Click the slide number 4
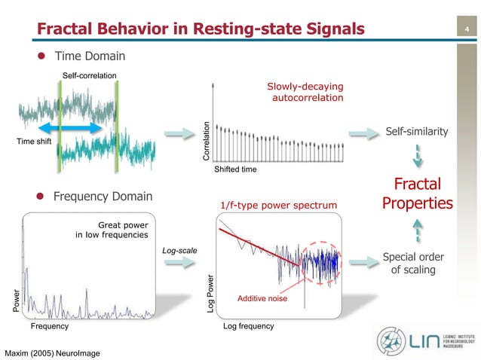click(x=467, y=30)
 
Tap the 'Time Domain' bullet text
click(x=89, y=56)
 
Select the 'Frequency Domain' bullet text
click(x=103, y=197)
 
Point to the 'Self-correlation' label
click(x=89, y=74)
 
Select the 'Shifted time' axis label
click(x=236, y=169)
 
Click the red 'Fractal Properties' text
click(x=418, y=194)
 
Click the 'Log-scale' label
click(x=179, y=249)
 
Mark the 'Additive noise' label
click(x=262, y=299)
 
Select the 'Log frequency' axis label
click(x=249, y=327)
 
